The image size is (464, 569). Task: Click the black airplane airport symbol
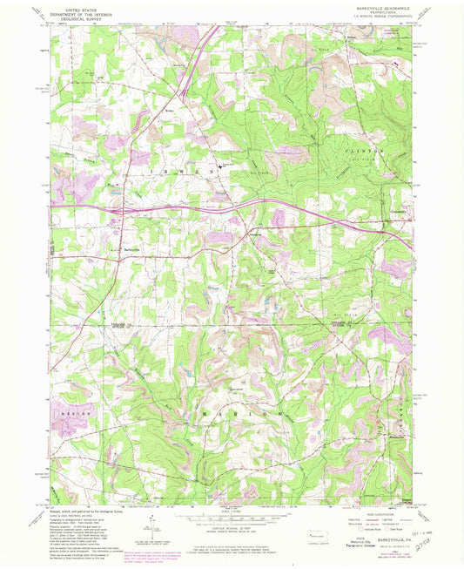click(x=219, y=159)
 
